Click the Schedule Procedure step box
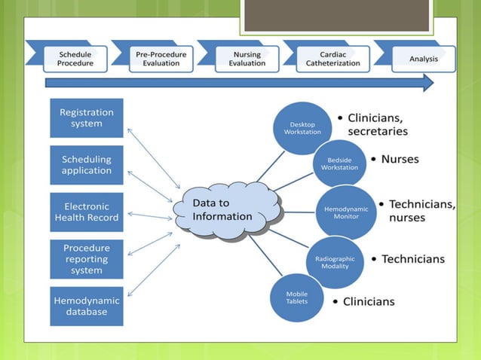[x=75, y=59]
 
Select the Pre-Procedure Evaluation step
[x=161, y=59]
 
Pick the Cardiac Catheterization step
[x=333, y=59]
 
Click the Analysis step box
[x=423, y=59]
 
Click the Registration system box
[x=87, y=117]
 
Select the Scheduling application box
[x=87, y=165]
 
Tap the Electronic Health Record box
[x=87, y=212]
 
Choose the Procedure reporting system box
[x=87, y=259]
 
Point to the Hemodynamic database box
[x=87, y=306]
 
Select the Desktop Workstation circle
[x=302, y=128]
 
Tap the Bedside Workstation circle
[x=339, y=163]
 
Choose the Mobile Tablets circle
[x=296, y=298]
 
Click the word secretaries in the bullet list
[x=378, y=131]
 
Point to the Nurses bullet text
[x=400, y=160]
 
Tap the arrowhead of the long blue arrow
[x=427, y=83]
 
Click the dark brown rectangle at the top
[x=335, y=15]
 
